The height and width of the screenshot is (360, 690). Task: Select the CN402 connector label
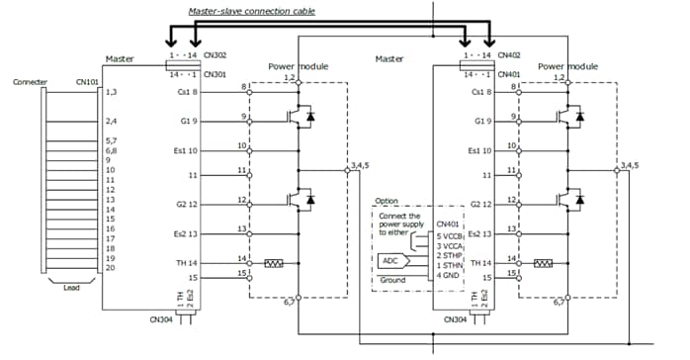click(509, 58)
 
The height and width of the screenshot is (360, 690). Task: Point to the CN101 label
click(87, 83)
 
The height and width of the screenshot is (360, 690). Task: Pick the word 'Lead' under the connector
click(72, 290)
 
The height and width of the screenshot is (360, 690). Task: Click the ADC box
click(392, 261)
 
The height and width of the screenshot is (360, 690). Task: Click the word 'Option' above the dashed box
click(387, 200)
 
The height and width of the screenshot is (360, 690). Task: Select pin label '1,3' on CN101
click(112, 92)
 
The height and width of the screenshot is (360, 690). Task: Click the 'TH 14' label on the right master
click(479, 264)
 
